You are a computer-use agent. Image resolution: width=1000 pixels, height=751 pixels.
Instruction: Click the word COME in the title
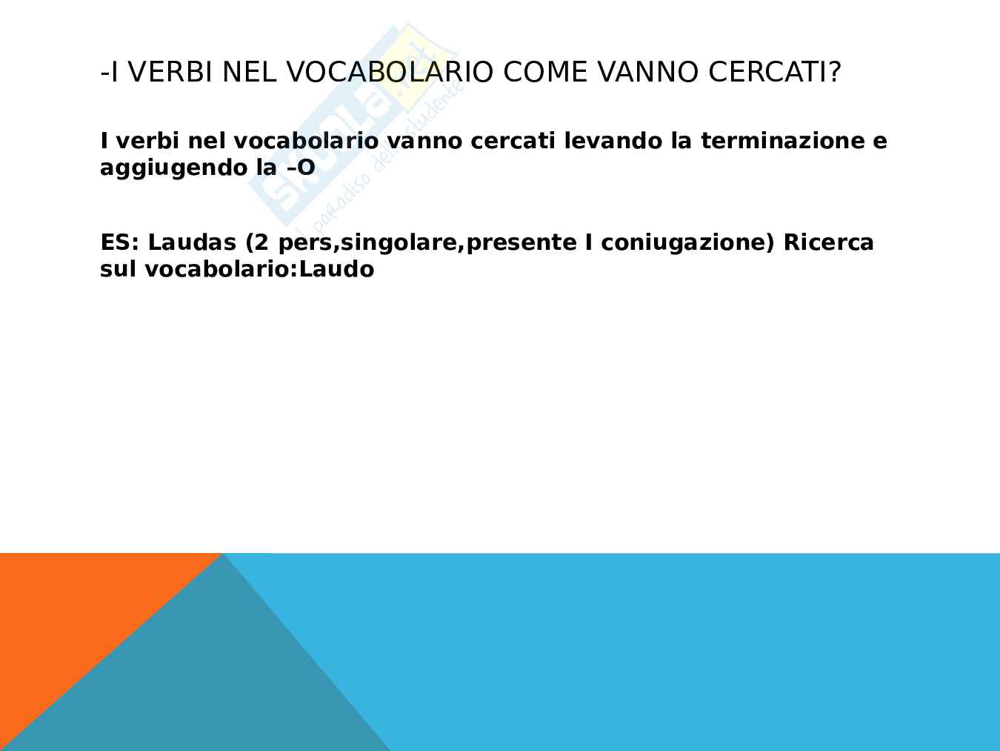(545, 72)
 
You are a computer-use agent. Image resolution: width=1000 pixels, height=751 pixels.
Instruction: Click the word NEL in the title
(249, 72)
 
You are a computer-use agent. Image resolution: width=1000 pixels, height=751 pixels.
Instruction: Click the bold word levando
(613, 140)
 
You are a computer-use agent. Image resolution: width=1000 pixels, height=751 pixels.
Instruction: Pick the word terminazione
(783, 140)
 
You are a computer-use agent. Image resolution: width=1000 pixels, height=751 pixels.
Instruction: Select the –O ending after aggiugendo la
(301, 168)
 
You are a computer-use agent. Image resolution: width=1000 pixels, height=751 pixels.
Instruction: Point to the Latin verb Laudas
(192, 242)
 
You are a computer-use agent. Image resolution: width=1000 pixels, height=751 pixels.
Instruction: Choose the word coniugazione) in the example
(687, 243)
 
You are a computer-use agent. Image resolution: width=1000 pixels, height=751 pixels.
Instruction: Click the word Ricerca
(828, 242)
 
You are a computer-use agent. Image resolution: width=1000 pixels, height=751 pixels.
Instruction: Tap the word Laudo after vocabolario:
(337, 269)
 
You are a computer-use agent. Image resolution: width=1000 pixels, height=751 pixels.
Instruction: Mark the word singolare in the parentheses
(399, 243)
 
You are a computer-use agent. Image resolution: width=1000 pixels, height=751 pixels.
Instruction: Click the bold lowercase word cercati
(513, 140)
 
